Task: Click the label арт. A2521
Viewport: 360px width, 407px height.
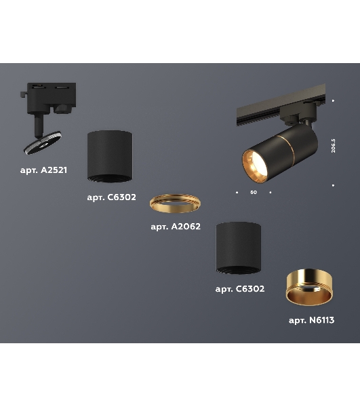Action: [43, 170]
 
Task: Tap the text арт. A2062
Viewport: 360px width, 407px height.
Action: [176, 227]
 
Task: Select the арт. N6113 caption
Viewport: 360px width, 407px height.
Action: [311, 320]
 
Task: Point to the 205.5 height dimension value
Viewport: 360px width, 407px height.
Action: [334, 146]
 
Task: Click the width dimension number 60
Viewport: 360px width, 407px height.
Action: [254, 193]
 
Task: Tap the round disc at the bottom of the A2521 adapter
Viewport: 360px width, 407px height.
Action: [43, 142]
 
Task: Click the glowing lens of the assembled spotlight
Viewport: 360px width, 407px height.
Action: [255, 166]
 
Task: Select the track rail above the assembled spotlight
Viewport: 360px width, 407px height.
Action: [281, 106]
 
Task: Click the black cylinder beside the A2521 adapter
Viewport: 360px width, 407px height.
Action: [110, 156]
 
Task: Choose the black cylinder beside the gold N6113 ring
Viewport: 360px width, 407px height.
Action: [239, 248]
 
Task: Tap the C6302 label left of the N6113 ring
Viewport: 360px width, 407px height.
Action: [240, 289]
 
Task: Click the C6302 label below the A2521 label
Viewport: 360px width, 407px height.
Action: [112, 197]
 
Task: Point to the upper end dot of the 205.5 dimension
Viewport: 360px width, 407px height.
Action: [334, 100]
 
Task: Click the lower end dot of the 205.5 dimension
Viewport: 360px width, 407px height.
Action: [334, 185]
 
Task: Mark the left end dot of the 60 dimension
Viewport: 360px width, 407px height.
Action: [237, 193]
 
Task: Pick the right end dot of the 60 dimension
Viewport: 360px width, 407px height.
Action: [271, 193]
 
